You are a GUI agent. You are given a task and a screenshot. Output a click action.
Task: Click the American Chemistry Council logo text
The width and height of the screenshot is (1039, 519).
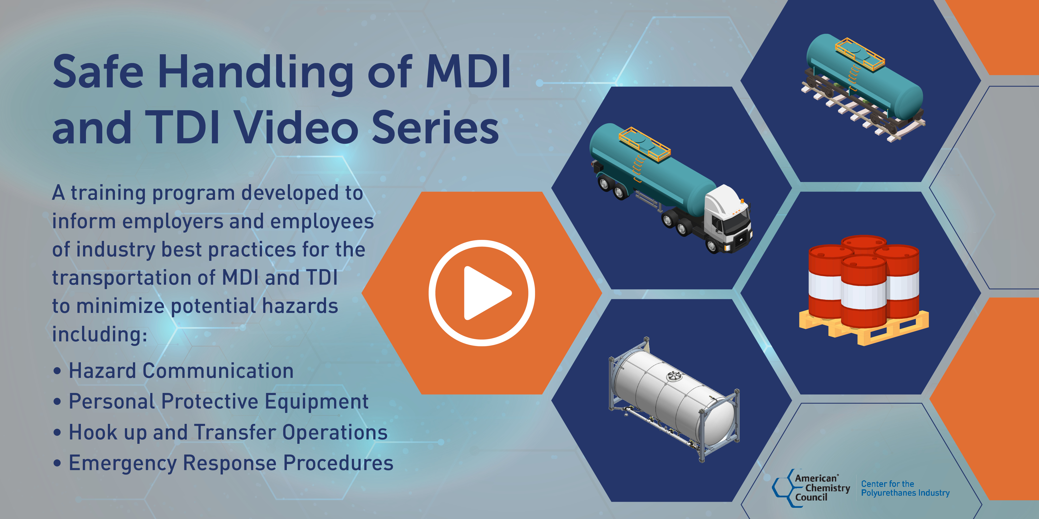(821, 488)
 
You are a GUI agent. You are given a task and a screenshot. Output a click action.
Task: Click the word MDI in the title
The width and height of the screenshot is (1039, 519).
(468, 73)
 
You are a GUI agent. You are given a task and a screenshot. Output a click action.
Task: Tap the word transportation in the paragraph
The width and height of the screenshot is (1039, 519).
(133, 278)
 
